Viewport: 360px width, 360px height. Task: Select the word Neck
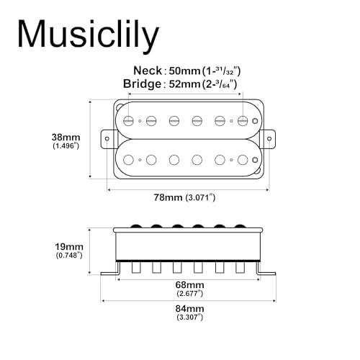click(x=146, y=71)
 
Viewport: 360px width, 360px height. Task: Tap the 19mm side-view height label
click(x=68, y=246)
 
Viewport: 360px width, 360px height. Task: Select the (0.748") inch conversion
click(x=68, y=256)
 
